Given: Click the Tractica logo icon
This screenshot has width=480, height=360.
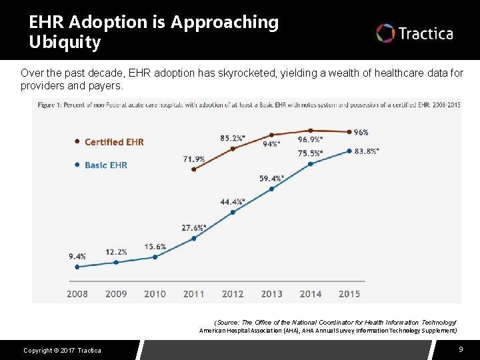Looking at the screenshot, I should (385, 33).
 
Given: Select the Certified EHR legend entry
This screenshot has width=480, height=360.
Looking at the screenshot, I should (113, 142).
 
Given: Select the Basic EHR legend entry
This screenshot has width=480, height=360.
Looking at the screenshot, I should (105, 165).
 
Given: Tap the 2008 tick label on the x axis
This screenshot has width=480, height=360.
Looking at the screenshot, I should (77, 293).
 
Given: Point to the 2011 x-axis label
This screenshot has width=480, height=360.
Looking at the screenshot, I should (194, 293).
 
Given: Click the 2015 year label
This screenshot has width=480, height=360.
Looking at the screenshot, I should (349, 293).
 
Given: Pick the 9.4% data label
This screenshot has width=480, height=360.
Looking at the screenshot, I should (77, 256).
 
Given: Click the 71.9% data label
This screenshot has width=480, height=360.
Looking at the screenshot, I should (193, 159).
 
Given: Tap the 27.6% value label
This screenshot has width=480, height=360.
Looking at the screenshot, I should (194, 228).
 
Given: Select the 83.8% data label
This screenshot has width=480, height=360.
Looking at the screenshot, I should (367, 151).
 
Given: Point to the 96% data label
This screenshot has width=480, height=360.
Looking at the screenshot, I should (361, 132).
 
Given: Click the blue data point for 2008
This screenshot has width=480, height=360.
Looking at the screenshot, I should (77, 267).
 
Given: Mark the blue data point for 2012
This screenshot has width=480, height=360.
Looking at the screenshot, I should (233, 212).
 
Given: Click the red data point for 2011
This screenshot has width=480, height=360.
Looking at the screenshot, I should (193, 169).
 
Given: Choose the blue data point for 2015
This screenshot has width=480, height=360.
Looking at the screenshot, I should (349, 151).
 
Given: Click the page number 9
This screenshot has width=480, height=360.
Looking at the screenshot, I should (461, 349).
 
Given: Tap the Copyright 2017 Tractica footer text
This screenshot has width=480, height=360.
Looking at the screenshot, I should (62, 351).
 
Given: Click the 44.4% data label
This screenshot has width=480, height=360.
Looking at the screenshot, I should (233, 202).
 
